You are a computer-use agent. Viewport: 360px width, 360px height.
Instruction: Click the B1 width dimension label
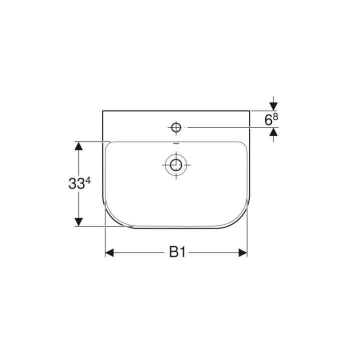click(176, 252)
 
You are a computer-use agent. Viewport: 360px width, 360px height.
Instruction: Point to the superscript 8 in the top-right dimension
click(274, 116)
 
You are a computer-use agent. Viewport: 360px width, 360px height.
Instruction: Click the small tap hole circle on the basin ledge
click(175, 128)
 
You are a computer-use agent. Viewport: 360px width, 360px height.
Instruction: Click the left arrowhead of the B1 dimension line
click(109, 253)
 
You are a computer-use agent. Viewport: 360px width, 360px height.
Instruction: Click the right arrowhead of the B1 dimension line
click(243, 253)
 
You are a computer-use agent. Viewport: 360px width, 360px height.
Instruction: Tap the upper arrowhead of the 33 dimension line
click(78, 145)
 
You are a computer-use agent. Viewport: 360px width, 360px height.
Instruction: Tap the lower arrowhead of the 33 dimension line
click(78, 221)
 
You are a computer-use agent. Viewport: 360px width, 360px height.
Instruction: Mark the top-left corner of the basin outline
click(103, 111)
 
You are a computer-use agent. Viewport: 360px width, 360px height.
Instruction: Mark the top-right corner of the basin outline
click(249, 111)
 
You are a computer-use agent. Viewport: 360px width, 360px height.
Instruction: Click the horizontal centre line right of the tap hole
click(225, 128)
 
